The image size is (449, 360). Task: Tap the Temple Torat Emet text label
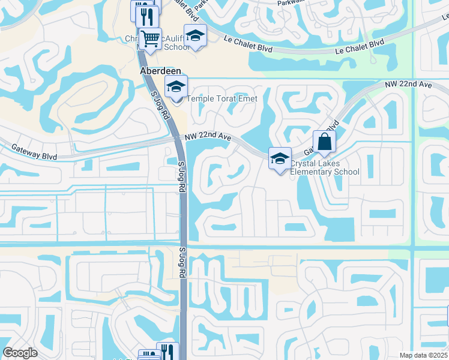222,99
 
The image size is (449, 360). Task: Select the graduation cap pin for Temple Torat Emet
176,88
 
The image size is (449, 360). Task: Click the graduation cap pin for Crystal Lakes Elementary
280,160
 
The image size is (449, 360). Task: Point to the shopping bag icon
324,143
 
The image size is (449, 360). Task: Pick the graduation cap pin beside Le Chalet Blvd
195,36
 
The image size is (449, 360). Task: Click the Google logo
20,353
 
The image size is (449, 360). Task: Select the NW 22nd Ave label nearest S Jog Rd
208,137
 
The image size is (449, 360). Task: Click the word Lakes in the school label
329,163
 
